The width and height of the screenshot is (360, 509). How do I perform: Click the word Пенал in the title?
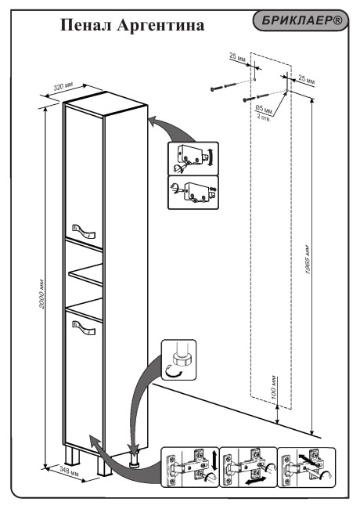point(86,25)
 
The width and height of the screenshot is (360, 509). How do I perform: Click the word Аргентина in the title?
point(160,26)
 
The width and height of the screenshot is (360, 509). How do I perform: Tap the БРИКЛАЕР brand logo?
point(301,21)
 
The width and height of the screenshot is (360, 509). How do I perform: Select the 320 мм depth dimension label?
point(63,86)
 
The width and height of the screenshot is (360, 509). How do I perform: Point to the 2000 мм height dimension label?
point(41,293)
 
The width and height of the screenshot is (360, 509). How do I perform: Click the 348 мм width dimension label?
point(70,471)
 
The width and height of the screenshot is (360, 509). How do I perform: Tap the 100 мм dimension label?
point(272,385)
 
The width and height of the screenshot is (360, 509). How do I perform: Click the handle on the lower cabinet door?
point(84,327)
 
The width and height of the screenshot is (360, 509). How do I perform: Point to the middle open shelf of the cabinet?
point(87,275)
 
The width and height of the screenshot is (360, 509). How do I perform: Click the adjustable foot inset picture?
point(178,359)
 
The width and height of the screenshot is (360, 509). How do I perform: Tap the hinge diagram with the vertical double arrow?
point(191,467)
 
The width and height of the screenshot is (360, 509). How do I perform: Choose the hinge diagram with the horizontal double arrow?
point(249,467)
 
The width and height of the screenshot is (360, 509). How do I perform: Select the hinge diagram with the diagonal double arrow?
point(307,467)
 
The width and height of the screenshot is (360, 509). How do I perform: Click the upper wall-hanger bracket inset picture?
point(193,159)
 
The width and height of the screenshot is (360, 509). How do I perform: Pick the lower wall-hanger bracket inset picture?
point(193,193)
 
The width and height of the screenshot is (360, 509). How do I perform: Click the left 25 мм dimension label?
point(237,56)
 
